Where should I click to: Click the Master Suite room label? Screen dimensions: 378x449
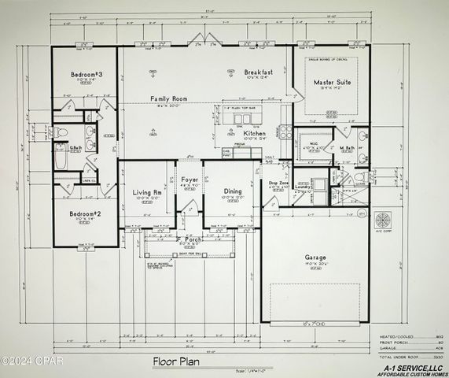tap(332, 82)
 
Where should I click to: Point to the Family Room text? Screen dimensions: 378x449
tap(170, 98)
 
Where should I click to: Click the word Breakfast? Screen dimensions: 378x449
tap(257, 71)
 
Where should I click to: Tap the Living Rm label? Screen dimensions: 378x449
tap(146, 191)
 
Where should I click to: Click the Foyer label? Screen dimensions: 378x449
tap(189, 180)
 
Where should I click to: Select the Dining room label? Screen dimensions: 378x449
tap(233, 191)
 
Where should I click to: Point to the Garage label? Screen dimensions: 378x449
tap(317, 257)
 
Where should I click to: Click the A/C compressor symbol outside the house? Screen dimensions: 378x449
tap(384, 217)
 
